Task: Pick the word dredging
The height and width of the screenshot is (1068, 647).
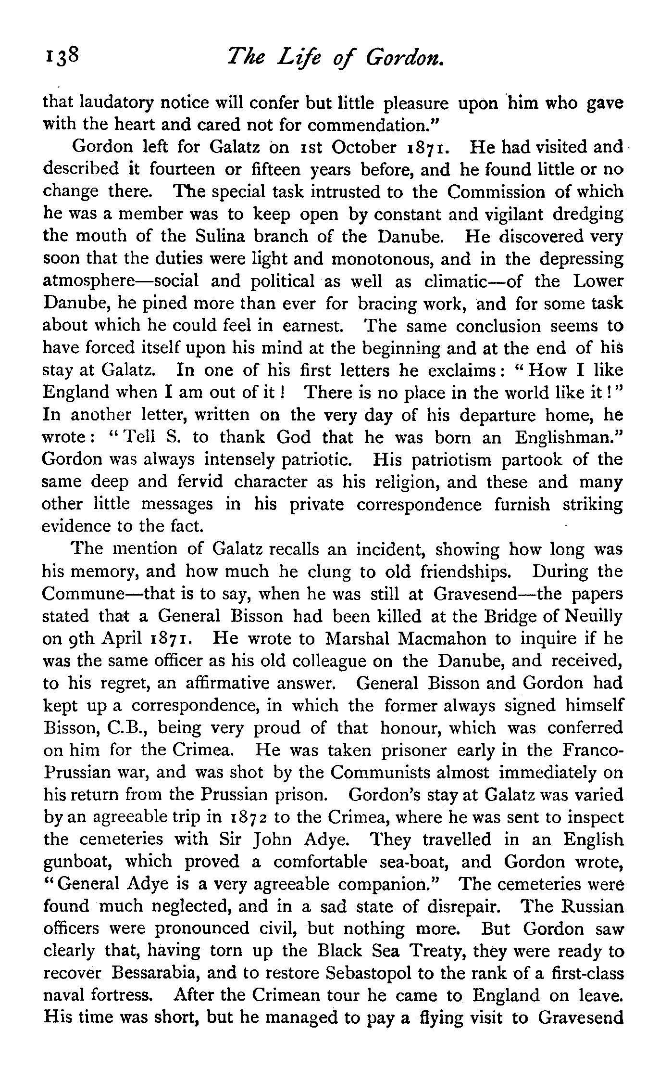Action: coord(587,215)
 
